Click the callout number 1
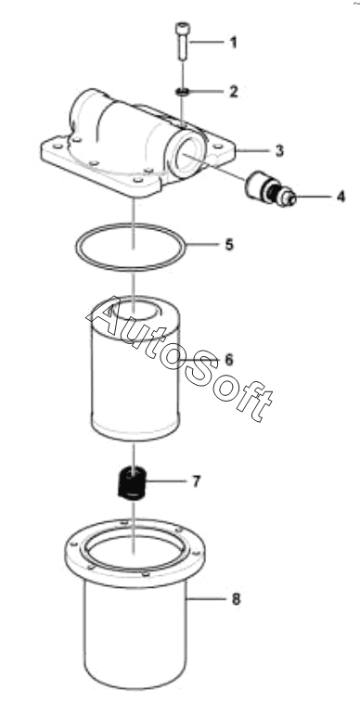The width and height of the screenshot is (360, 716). [234, 44]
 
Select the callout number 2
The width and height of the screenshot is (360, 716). [234, 91]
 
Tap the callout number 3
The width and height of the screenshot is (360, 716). [279, 150]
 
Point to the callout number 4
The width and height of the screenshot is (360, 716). [341, 197]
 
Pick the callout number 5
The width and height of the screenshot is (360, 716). [229, 244]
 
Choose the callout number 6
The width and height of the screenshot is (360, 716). [229, 360]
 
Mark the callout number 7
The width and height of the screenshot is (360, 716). [196, 481]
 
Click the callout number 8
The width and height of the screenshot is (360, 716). [236, 598]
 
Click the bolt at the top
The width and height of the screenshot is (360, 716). [181, 42]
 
